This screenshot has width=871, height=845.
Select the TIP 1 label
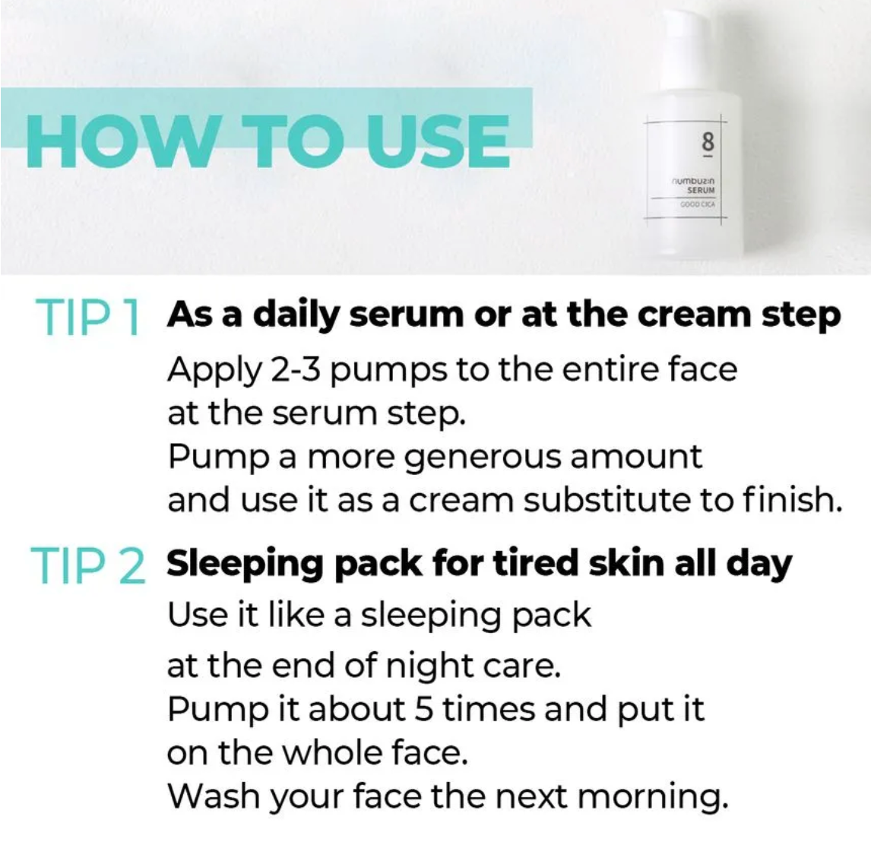point(87,317)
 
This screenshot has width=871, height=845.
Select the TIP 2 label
point(87,565)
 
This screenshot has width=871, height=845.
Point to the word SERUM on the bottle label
point(701,190)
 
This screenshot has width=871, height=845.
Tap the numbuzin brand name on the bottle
point(693,181)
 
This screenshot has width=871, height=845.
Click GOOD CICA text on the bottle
point(698,204)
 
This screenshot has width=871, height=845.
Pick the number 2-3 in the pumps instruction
point(296,369)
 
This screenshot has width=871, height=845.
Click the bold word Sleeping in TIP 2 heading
point(245,565)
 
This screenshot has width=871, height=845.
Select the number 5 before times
point(423,709)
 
